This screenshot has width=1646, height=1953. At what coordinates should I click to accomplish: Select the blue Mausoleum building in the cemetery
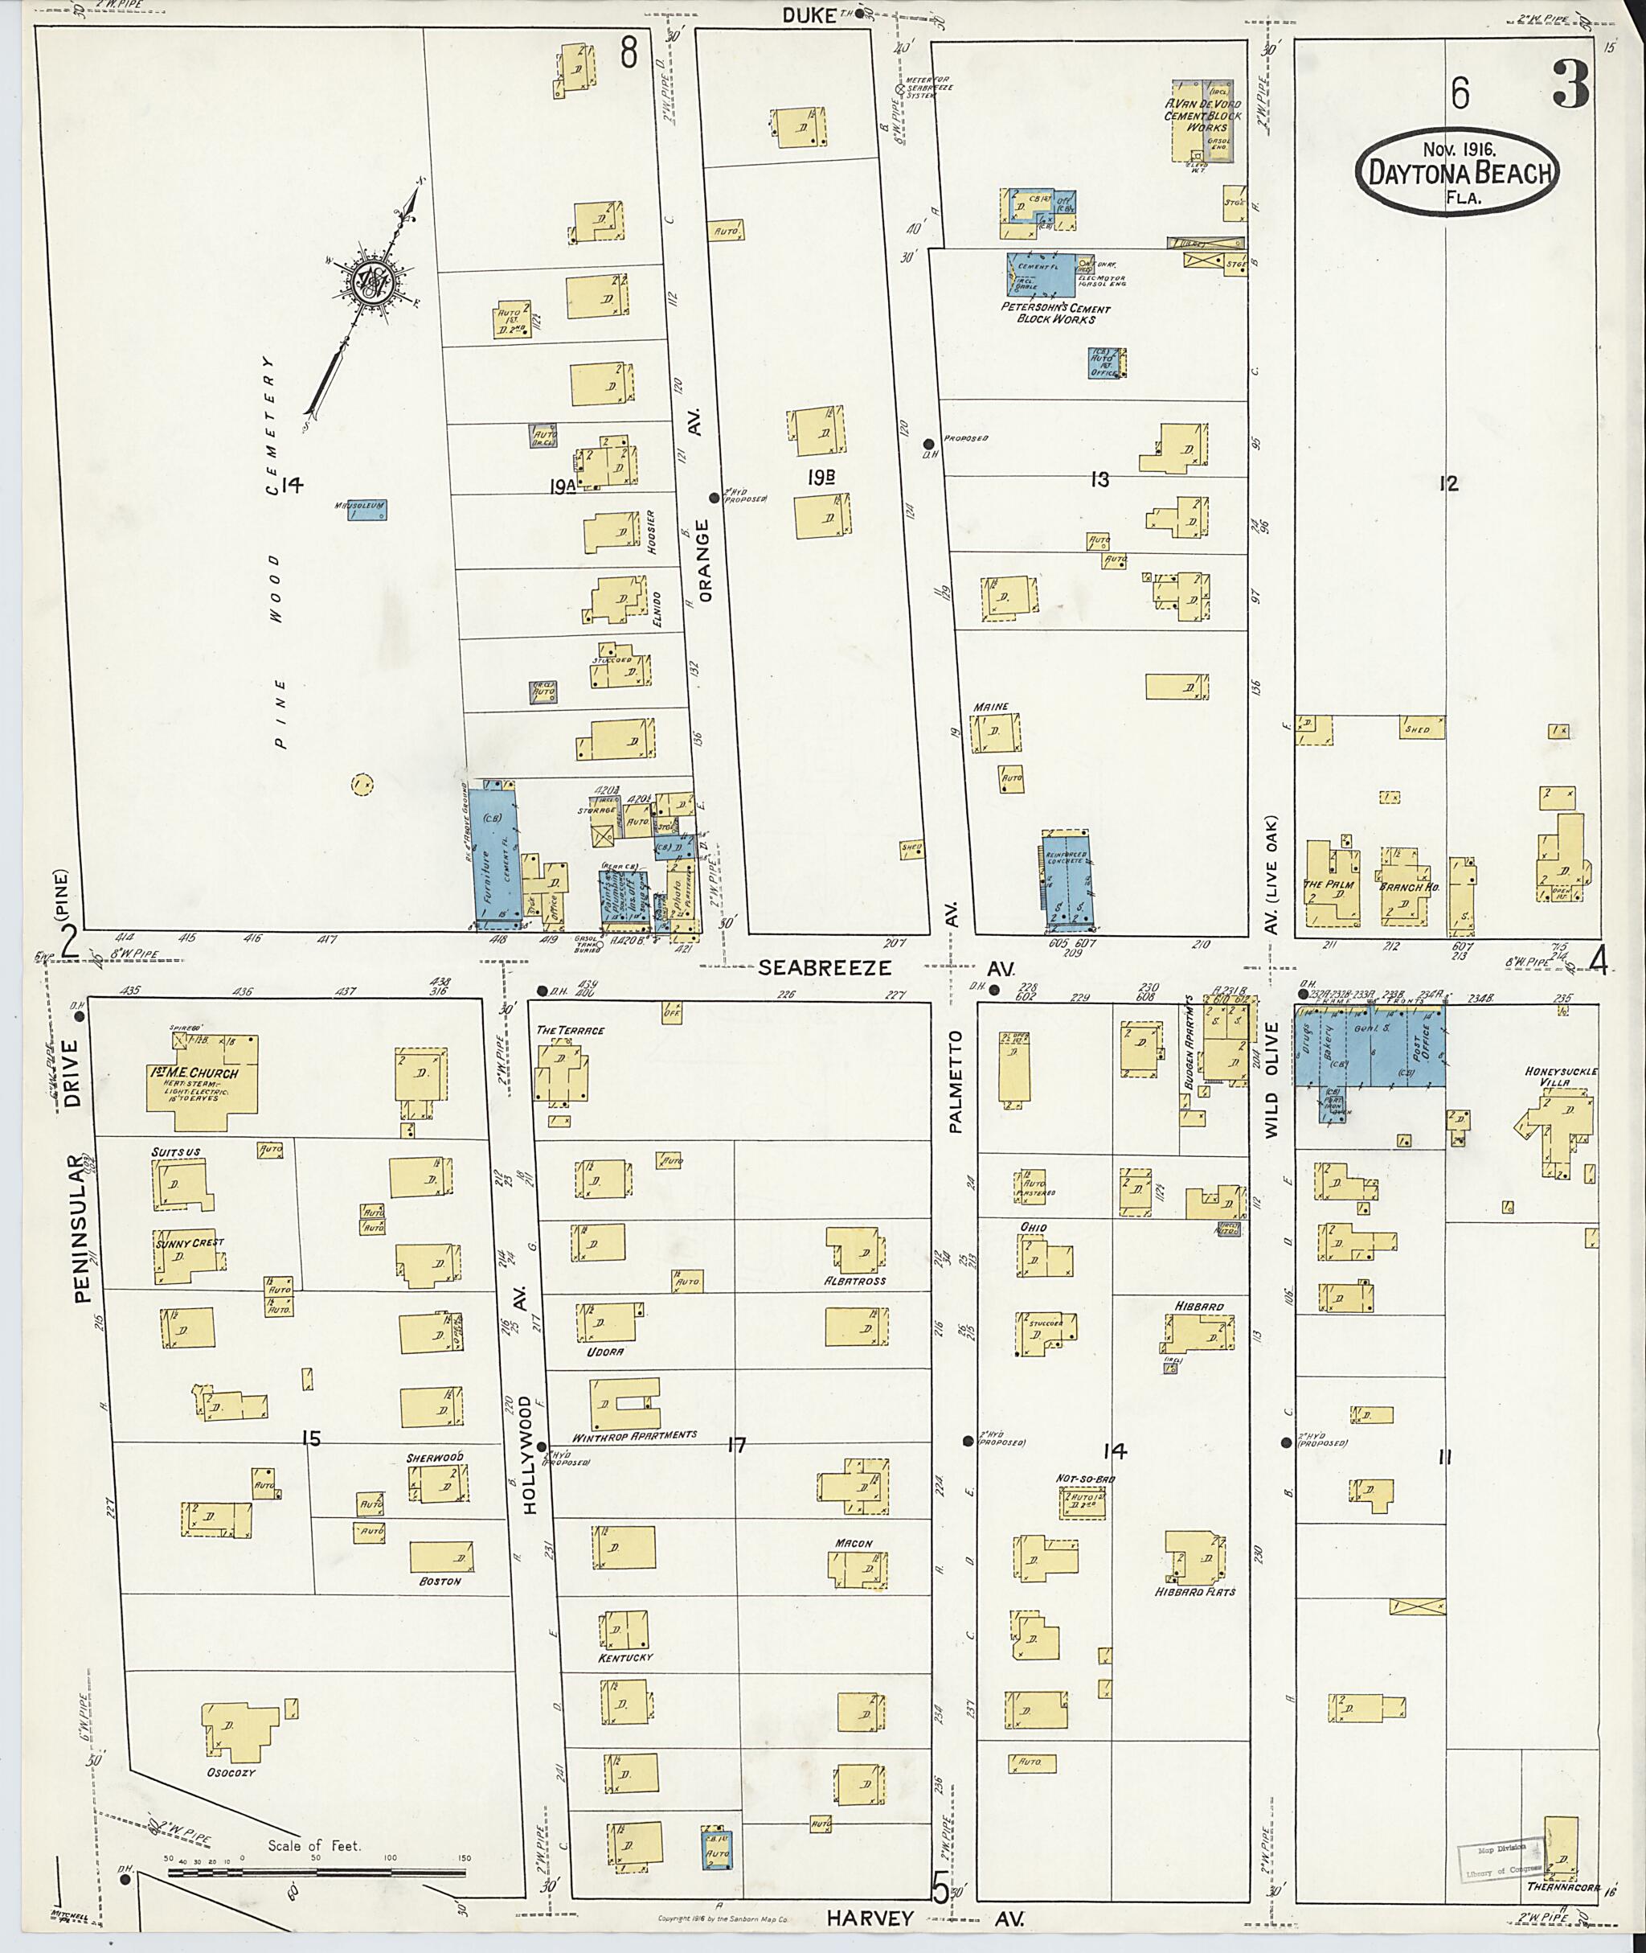(x=366, y=510)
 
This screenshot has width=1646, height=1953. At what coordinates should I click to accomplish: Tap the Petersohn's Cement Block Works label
(x=1055, y=314)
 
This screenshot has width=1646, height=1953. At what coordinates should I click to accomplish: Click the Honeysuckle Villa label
(x=1561, y=1077)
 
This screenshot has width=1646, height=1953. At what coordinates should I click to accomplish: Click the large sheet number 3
(x=1571, y=89)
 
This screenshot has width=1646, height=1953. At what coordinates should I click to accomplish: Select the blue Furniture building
(x=493, y=854)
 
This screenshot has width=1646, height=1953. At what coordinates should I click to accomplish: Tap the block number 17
(x=736, y=1445)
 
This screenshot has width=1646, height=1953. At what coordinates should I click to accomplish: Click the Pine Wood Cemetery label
(x=276, y=551)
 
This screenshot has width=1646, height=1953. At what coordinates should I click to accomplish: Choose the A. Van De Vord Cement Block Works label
(x=1203, y=116)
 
